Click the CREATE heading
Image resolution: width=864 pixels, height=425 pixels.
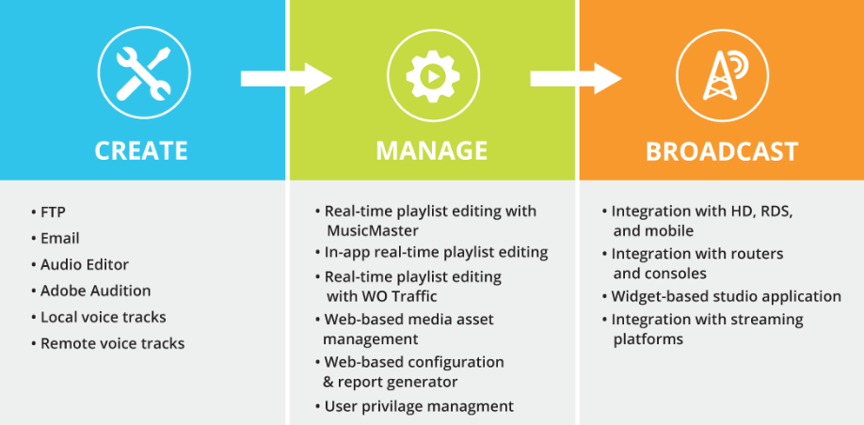(141, 150)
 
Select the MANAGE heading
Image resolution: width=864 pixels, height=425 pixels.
(432, 150)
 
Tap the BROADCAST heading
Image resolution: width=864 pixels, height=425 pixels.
(722, 150)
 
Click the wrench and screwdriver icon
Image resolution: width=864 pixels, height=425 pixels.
(144, 74)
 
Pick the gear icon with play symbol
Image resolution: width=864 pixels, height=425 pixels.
(433, 74)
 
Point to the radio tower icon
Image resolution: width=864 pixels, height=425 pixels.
(721, 74)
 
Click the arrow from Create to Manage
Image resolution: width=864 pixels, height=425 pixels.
(286, 78)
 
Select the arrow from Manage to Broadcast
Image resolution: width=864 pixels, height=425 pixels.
(576, 78)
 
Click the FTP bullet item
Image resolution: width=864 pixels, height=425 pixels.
(54, 212)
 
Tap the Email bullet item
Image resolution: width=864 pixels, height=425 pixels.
(59, 238)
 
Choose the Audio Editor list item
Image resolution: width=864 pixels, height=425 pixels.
(85, 264)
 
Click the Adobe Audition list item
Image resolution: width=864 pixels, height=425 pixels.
(95, 291)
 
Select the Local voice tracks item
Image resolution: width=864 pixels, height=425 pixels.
(103, 317)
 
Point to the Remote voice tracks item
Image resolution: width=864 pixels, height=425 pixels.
(112, 343)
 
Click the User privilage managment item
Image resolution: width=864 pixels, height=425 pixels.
(419, 406)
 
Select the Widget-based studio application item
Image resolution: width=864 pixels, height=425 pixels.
(726, 296)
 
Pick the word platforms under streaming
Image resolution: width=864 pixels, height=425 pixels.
(648, 338)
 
